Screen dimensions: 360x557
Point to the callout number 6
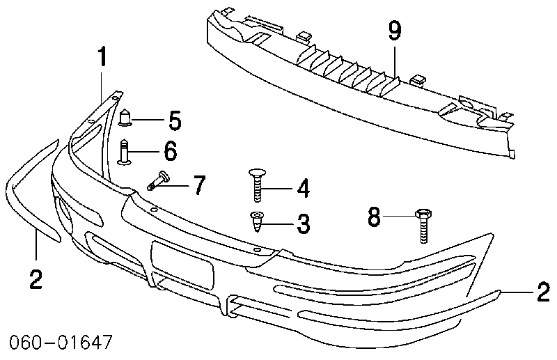pos(170,150)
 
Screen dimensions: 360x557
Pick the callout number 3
pos(301,224)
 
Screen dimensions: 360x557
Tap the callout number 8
pos(375,217)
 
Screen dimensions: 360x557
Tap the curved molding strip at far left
pos(28,195)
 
